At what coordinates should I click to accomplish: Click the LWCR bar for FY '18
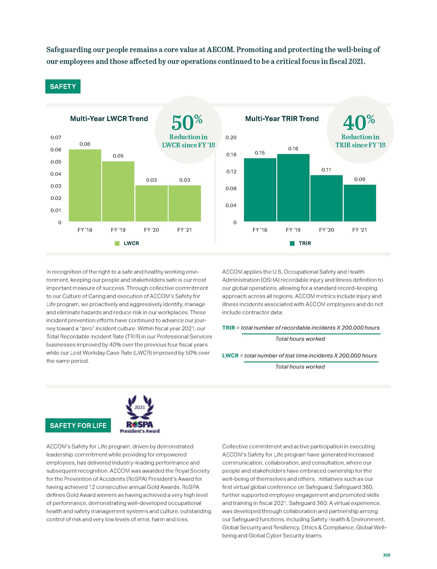tap(85, 186)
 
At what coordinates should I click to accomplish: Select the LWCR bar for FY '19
tap(118, 192)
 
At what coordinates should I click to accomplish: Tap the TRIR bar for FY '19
tap(293, 188)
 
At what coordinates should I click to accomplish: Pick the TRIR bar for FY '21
tap(360, 203)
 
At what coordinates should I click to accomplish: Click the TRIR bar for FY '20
tap(327, 198)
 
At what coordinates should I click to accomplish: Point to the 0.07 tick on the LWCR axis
tap(56, 138)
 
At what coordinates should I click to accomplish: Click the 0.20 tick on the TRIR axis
tap(231, 138)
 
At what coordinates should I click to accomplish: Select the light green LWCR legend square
tap(117, 243)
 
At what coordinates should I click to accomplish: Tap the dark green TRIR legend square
tap(292, 243)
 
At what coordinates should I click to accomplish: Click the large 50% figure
tap(187, 122)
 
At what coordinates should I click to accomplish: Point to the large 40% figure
tap(359, 122)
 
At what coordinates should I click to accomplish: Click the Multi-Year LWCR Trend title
tap(109, 119)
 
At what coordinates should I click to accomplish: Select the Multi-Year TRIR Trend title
tap(282, 119)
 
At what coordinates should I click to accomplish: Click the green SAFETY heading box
tap(63, 86)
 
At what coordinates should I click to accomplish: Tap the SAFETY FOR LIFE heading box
tap(78, 425)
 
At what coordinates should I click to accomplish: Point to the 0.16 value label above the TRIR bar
tap(293, 149)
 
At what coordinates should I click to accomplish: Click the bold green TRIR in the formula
tap(228, 328)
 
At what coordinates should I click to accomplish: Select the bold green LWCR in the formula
tap(230, 356)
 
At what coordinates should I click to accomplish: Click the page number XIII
tap(387, 555)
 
